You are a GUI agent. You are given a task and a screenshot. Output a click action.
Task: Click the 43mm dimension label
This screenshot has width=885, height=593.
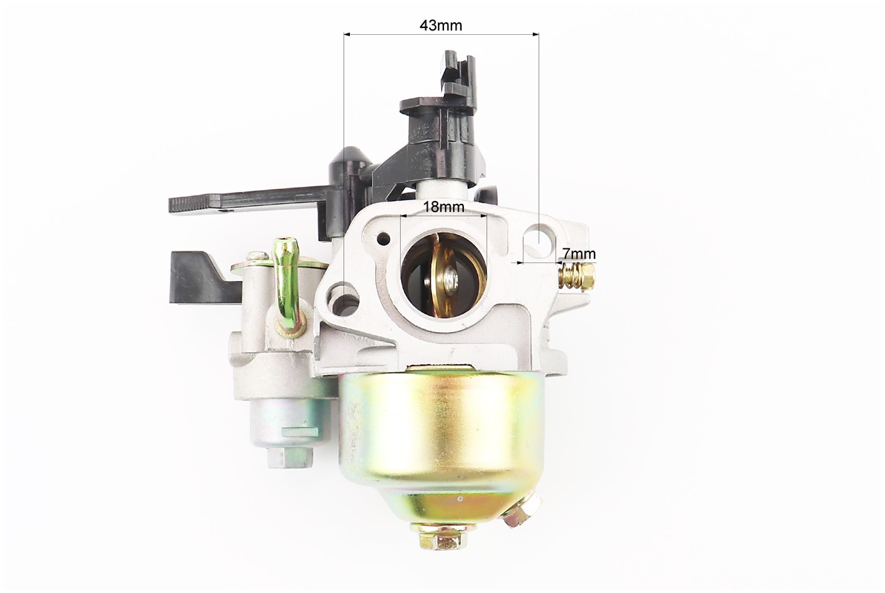pyautogui.click(x=441, y=25)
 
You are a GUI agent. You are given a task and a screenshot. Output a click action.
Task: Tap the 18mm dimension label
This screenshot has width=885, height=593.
pyautogui.click(x=444, y=207)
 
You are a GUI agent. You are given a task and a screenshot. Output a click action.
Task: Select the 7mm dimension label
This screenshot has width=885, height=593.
pyautogui.click(x=579, y=254)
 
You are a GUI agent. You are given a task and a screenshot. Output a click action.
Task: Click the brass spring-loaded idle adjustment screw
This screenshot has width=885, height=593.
pyautogui.click(x=576, y=276)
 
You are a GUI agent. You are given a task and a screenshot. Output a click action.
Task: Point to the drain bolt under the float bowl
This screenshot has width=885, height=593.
pyautogui.click(x=442, y=536)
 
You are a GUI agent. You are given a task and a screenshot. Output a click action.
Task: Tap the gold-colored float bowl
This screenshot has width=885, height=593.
pyautogui.click(x=441, y=445)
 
